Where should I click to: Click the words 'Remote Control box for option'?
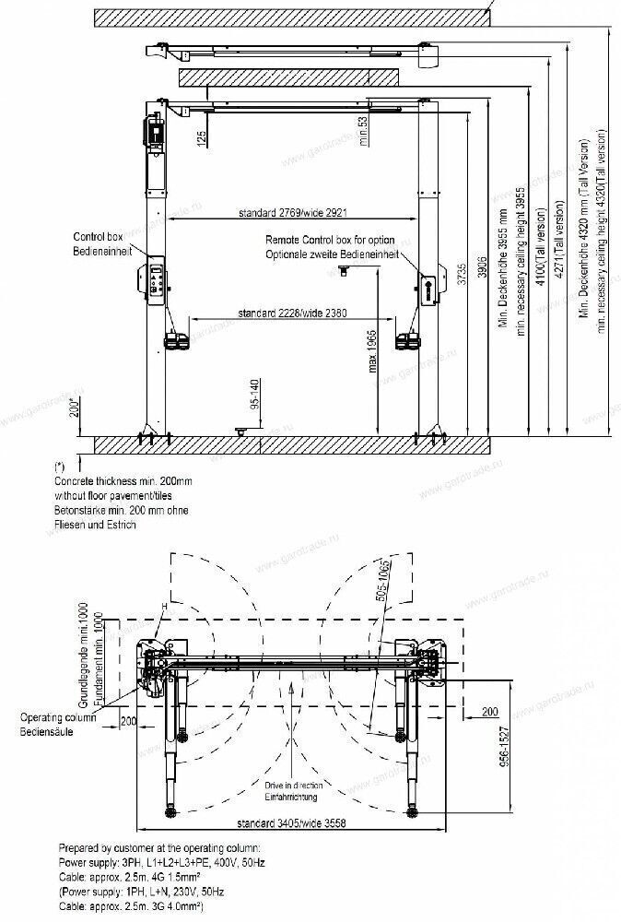(x=329, y=241)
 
